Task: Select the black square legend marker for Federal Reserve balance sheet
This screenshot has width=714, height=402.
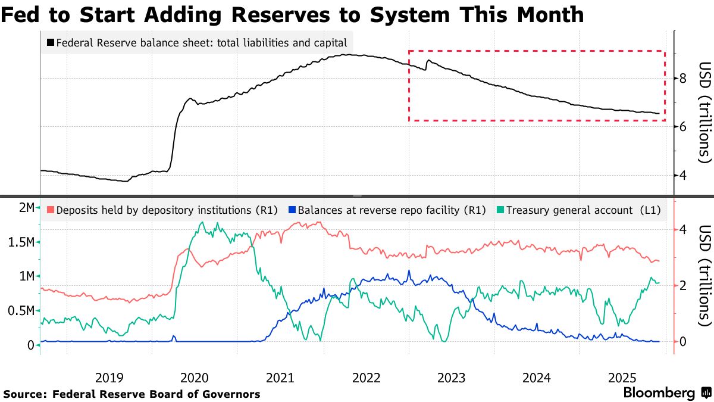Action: [51, 43]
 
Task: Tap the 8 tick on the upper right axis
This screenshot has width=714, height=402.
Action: [684, 78]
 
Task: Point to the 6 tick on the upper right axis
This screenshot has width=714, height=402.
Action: [684, 126]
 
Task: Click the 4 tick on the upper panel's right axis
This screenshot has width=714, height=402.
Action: [684, 175]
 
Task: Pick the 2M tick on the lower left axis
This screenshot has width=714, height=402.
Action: [26, 208]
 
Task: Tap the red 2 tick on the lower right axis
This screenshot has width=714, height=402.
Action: [684, 285]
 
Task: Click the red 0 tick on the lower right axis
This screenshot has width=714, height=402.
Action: [684, 341]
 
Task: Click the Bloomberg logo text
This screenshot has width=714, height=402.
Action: [659, 393]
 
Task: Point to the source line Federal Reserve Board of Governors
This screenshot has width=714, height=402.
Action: [156, 394]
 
